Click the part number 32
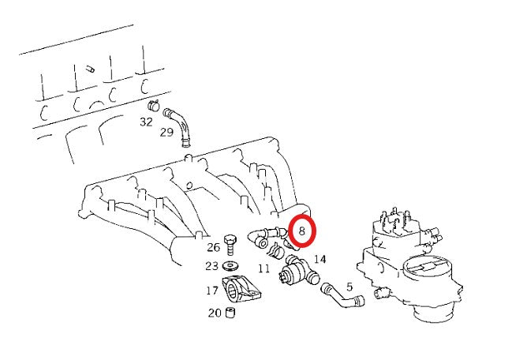click(146, 122)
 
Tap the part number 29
click(166, 132)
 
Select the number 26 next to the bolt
click(214, 248)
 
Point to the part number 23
click(212, 266)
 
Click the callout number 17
click(212, 291)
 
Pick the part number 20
click(214, 313)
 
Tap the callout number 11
click(263, 268)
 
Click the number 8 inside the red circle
click(302, 231)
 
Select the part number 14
click(320, 259)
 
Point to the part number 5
click(349, 276)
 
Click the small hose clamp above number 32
click(154, 106)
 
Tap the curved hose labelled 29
click(181, 126)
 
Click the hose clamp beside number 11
click(276, 253)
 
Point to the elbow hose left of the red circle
click(262, 235)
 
